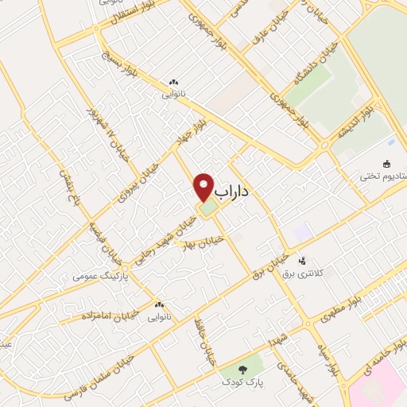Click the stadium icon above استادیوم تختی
(x=387, y=165)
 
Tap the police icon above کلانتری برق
(x=301, y=260)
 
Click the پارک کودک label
(x=242, y=383)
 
